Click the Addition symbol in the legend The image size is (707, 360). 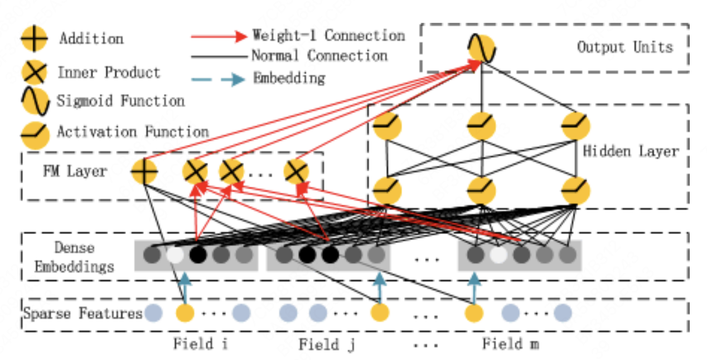pos(33,40)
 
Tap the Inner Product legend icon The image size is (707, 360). pos(33,72)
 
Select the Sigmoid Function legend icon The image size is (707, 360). pos(33,102)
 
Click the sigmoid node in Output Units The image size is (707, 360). pos(482,49)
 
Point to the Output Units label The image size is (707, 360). pos(625,47)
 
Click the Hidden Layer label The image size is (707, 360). pos(631,151)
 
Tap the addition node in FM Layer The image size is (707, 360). pos(144,172)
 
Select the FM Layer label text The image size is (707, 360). pos(75,171)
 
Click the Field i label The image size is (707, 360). pos(200,344)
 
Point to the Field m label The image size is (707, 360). pos(510,344)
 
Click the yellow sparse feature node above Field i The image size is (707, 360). pos(185,313)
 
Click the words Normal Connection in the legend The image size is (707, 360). pos(319,56)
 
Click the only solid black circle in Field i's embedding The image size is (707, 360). pos(198,255)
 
